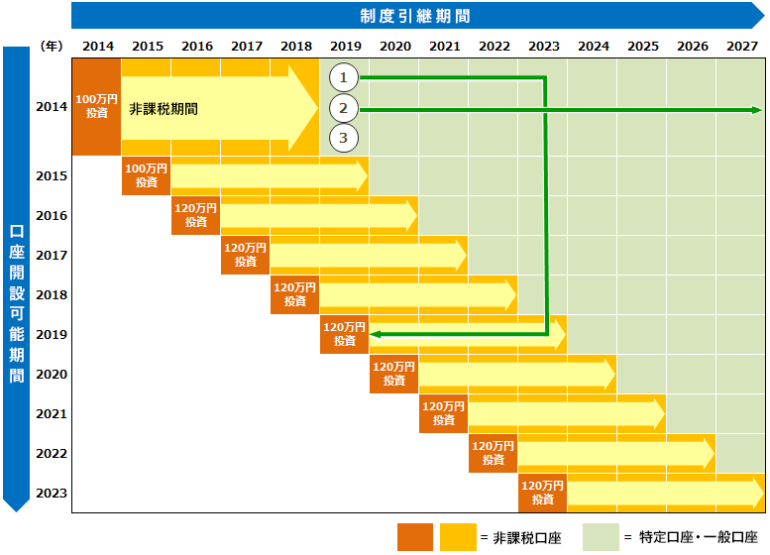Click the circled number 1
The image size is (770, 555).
tap(343, 77)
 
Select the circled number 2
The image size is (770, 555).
tap(343, 108)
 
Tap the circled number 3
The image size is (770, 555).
tap(343, 138)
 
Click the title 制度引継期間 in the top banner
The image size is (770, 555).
tap(414, 15)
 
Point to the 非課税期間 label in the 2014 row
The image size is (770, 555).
tap(164, 108)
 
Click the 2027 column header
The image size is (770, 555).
tap(741, 46)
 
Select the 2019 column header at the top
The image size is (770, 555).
tap(345, 46)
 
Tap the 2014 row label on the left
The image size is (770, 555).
tap(51, 107)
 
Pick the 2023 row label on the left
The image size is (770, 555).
tap(51, 493)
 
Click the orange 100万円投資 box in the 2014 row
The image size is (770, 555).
tap(96, 107)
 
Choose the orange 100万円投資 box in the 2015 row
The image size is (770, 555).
tap(146, 175)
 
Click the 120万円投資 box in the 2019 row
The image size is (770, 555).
tap(344, 334)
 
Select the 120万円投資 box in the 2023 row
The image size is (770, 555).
tap(542, 493)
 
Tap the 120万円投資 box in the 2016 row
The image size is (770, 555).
tap(195, 215)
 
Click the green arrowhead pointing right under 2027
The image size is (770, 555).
tap(755, 109)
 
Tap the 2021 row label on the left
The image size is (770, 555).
tap(51, 413)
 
